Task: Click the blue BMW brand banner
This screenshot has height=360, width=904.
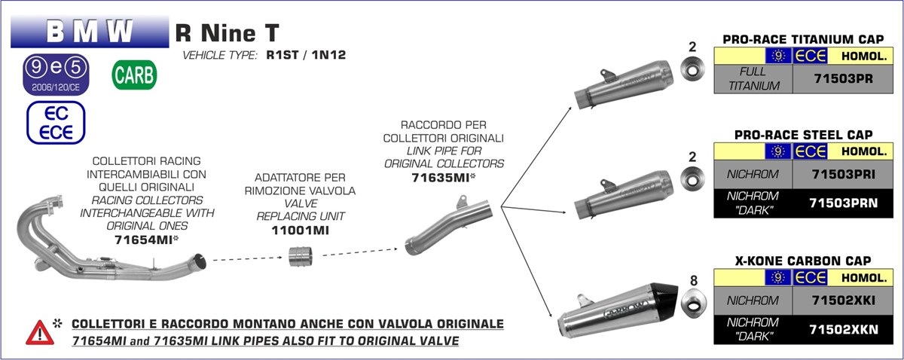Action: point(90,32)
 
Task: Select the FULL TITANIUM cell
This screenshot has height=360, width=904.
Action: point(753,78)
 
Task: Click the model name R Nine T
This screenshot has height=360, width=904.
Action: point(227,32)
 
